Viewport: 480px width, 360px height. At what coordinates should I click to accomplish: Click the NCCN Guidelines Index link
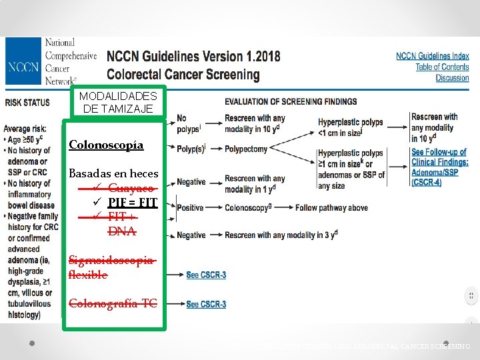(x=432, y=56)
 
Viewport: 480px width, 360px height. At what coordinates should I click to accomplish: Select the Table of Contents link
(x=442, y=67)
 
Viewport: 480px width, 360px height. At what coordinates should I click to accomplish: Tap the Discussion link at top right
(x=452, y=78)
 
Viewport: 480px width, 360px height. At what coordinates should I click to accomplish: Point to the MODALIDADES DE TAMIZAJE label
(x=117, y=103)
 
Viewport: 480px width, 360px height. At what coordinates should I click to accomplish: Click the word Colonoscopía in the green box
(x=106, y=145)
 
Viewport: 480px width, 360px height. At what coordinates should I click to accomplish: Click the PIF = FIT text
(x=133, y=203)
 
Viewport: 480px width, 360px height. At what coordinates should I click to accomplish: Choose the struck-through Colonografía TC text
(x=113, y=304)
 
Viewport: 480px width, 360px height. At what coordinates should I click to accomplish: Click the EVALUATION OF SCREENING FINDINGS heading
(x=290, y=102)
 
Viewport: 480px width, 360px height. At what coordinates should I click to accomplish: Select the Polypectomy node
(x=246, y=149)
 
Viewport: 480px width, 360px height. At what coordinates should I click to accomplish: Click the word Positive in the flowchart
(x=191, y=208)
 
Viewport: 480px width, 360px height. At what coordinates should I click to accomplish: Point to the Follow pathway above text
(x=332, y=208)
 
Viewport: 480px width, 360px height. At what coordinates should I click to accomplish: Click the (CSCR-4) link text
(x=426, y=182)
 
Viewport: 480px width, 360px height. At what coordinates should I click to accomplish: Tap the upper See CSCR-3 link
(x=206, y=275)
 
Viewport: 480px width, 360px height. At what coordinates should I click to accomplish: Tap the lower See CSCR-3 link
(x=206, y=305)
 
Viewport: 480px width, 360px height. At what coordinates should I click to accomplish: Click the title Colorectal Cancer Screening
(x=183, y=74)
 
